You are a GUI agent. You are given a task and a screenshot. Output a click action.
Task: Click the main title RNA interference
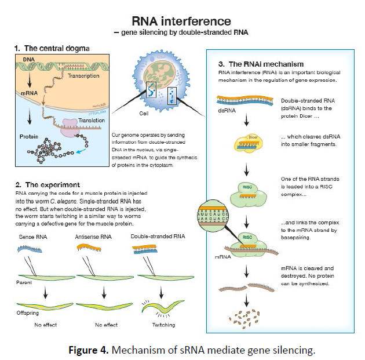coord(182,22)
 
